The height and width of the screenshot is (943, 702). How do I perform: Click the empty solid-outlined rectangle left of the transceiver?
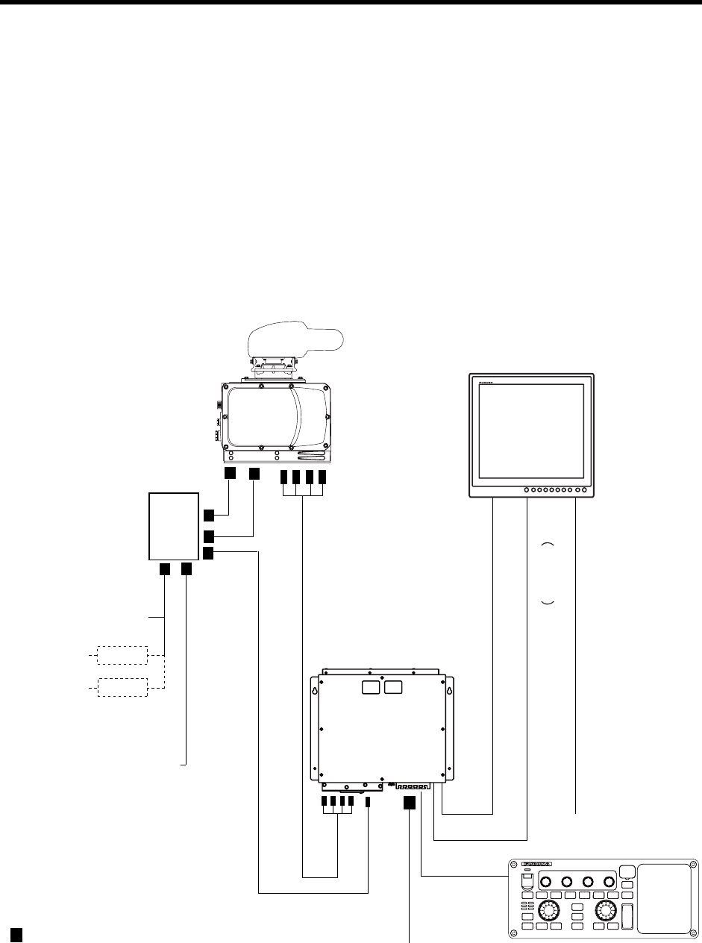click(173, 526)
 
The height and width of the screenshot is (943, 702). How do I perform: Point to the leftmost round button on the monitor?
click(527, 490)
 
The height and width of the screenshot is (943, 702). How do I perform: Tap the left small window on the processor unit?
click(371, 686)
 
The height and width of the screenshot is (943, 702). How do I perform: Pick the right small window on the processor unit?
click(392, 686)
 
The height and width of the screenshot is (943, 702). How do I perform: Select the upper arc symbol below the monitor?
click(547, 545)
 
